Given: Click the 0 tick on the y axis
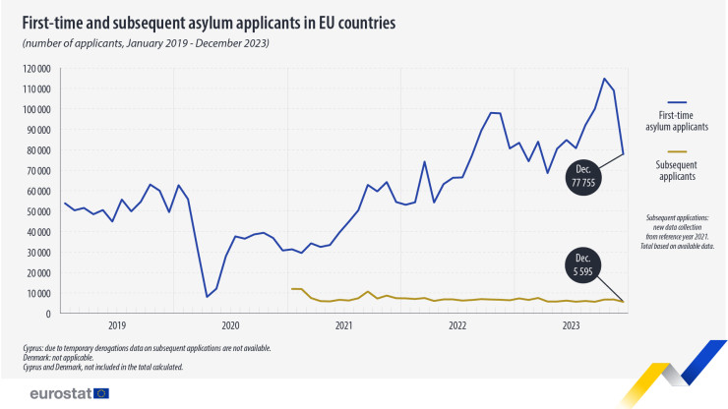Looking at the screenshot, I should click(47, 314).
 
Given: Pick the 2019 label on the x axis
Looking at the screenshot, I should click(116, 325).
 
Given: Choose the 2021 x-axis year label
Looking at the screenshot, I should click(343, 325).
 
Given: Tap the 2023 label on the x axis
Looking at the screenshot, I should click(571, 325).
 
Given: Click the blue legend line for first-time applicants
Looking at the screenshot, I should click(677, 101).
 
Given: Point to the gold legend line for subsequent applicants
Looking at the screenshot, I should click(677, 151).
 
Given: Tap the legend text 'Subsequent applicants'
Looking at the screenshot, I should click(677, 171).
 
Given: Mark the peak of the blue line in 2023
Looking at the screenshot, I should click(604, 79).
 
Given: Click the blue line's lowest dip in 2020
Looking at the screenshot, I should click(207, 296).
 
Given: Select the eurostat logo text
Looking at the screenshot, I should click(58, 393).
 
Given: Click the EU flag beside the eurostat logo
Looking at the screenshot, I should click(101, 393).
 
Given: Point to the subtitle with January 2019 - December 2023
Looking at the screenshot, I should click(146, 44).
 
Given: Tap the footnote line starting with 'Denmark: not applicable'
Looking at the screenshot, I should click(71, 358).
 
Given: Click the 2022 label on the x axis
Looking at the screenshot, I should click(456, 325).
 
